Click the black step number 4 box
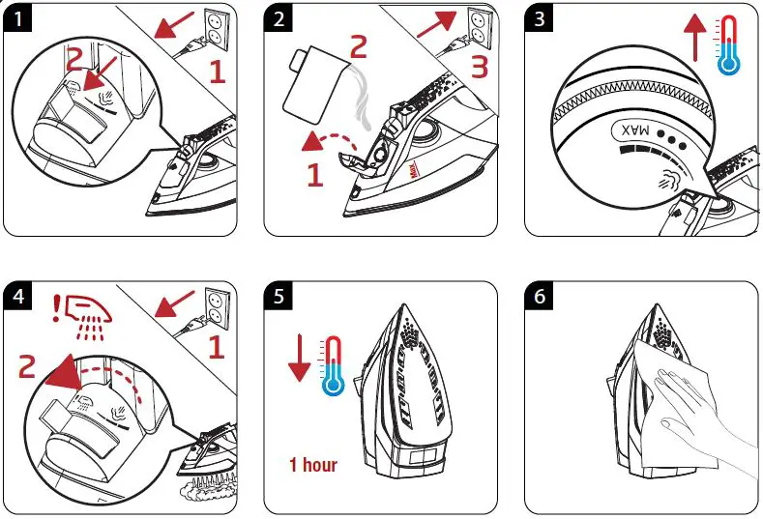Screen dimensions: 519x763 tap(16, 296)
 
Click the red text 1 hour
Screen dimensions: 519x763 tap(313, 464)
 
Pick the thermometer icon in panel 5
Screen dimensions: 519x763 tap(334, 367)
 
